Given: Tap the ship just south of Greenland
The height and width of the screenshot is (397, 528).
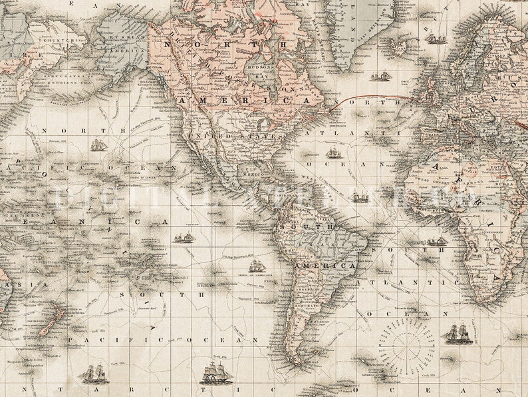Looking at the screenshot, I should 380,77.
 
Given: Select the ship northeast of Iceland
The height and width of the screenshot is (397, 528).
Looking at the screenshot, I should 436,39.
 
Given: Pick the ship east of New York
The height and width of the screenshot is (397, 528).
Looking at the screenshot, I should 333,153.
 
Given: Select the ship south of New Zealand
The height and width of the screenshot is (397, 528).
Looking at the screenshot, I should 94,374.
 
